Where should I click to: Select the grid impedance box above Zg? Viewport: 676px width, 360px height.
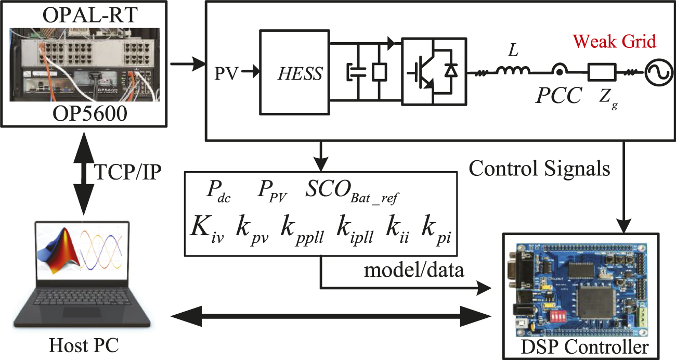click(602, 72)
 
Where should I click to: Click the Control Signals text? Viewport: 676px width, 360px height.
click(538, 168)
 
